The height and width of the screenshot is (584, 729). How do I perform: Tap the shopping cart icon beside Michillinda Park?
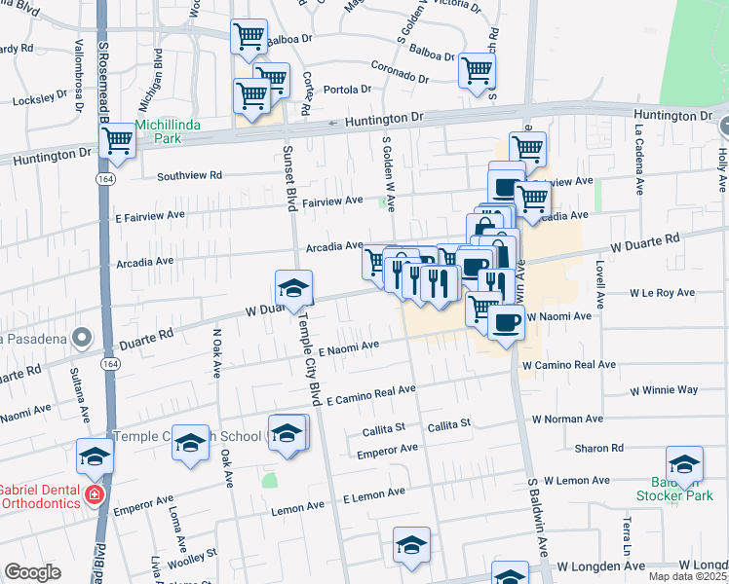coord(118,140)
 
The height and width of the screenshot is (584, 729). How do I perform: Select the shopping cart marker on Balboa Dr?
coord(249,36)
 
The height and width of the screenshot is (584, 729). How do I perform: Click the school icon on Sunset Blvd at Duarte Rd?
coord(291,287)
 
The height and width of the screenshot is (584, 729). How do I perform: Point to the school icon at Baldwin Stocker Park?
coord(684,464)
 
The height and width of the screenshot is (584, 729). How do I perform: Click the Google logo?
coord(32,572)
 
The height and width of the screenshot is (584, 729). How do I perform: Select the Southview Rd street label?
coord(190,176)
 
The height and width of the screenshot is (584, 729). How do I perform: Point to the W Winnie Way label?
coord(663,389)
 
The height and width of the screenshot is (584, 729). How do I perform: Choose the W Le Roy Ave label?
coord(662,292)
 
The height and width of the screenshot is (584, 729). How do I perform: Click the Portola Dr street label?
coord(348,89)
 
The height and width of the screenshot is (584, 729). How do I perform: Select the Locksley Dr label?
coord(38,100)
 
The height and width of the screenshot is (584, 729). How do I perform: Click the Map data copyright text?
coord(686,576)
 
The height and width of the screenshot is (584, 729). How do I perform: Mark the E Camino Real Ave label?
coord(370,394)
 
